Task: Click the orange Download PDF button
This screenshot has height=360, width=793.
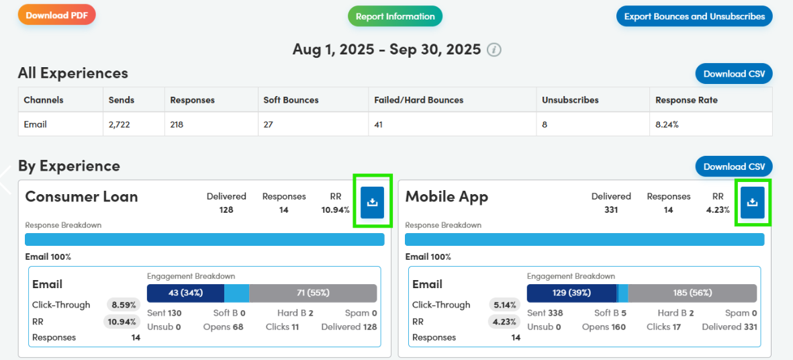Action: tap(56, 15)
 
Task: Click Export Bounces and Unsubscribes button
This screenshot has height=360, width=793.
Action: tap(694, 17)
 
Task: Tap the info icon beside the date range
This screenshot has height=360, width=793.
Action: tap(494, 50)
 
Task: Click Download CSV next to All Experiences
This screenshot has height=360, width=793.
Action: tap(734, 74)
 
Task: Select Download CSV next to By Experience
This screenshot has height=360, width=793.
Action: tap(734, 167)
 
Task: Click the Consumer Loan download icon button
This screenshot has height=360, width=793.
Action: tap(373, 203)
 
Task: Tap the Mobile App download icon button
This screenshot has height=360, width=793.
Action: tap(753, 203)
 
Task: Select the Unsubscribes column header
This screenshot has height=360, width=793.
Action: tap(570, 100)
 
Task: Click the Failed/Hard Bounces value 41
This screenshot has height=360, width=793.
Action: tap(380, 124)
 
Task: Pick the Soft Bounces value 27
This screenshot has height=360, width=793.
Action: tap(269, 124)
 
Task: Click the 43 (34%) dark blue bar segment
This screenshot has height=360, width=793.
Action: tap(185, 293)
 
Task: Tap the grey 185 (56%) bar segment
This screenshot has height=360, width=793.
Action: tap(692, 293)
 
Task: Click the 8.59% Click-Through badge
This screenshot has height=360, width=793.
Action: tap(124, 305)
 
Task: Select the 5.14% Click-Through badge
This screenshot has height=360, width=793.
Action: tap(504, 305)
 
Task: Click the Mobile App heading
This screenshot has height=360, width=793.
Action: tap(447, 197)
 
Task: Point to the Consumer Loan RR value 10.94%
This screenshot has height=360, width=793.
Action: tap(336, 210)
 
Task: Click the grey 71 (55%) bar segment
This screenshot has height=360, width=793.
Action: tap(312, 293)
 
